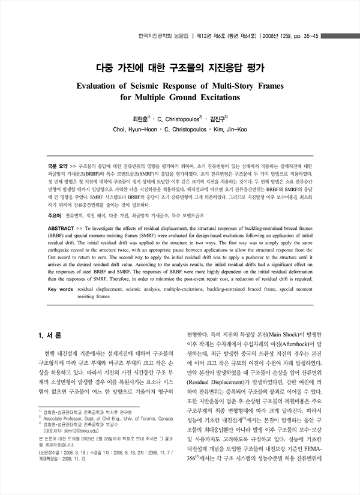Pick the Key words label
(59, 289)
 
